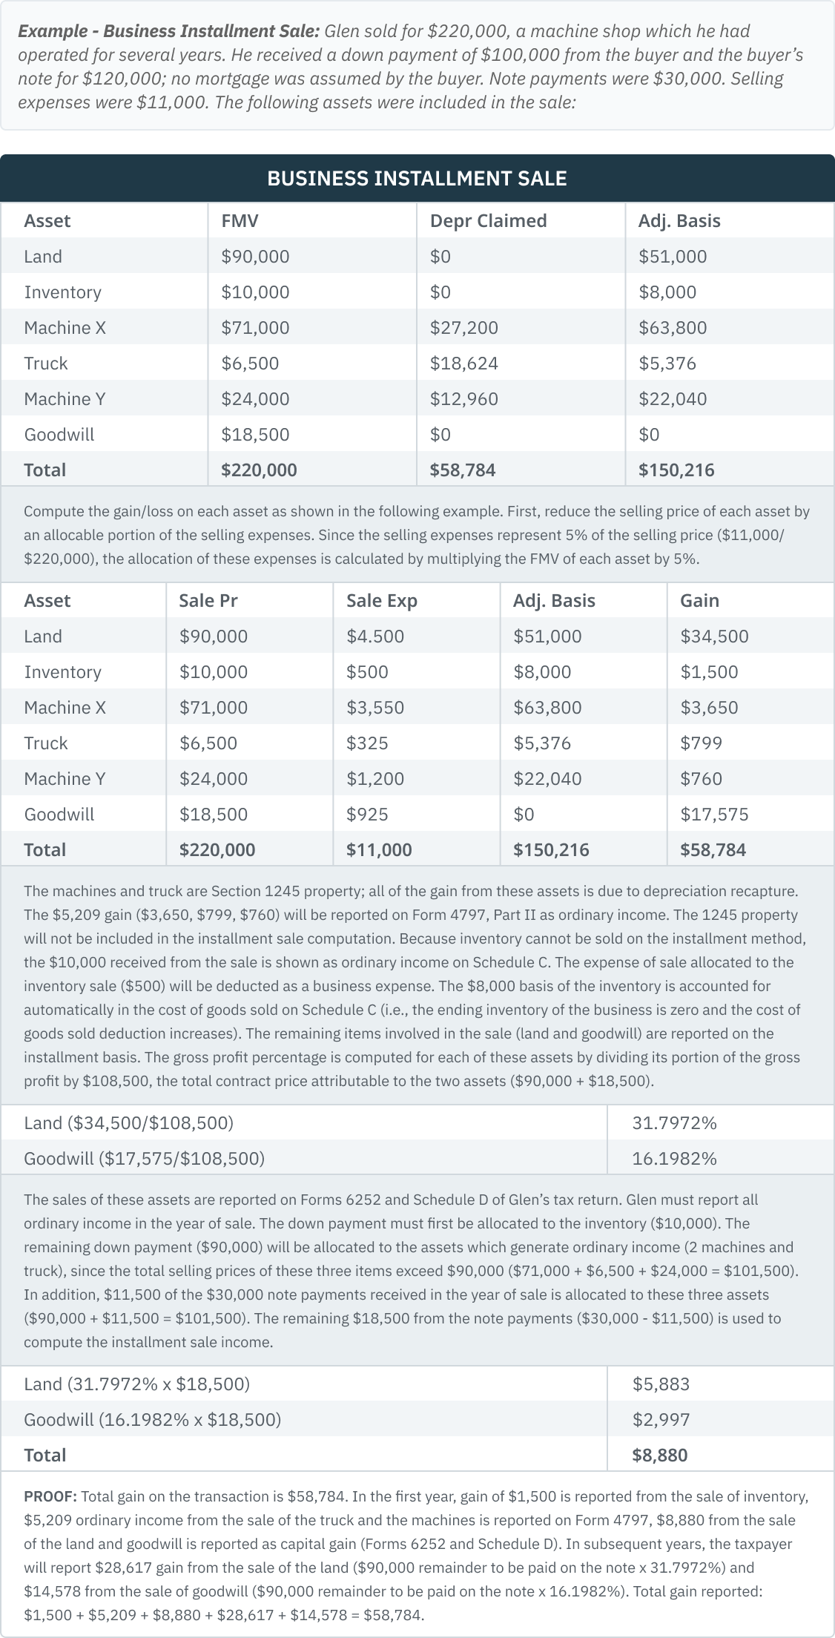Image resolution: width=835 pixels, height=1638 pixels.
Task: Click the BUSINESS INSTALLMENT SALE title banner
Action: coord(417,178)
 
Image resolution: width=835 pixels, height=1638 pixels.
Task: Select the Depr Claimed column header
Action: coord(488,220)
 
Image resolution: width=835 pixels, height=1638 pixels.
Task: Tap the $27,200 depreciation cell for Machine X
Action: coord(463,327)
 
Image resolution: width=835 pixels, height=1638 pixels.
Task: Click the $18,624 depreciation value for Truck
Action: coord(463,363)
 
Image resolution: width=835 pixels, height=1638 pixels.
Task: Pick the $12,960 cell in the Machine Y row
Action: coord(463,398)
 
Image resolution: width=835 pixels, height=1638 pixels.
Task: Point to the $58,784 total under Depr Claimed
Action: coord(462,470)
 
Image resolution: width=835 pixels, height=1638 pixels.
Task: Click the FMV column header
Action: coord(240,220)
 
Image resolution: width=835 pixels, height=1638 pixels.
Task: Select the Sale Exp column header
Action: coord(381,600)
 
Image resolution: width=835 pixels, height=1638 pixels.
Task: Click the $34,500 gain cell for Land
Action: coord(714,636)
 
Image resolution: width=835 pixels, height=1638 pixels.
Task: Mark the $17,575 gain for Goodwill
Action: coord(714,814)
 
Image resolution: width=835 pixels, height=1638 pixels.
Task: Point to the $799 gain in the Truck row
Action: coord(701,743)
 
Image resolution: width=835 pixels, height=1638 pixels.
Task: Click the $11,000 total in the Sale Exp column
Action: coord(378,849)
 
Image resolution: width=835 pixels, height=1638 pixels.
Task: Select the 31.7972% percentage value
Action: coord(674,1122)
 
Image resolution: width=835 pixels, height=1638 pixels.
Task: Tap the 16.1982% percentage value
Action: coord(674,1158)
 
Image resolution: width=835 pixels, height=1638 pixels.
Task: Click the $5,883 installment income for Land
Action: coord(661,1384)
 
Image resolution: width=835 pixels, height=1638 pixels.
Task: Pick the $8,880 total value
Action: coord(659,1455)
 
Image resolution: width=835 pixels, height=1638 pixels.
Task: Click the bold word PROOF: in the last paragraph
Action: coord(49,1496)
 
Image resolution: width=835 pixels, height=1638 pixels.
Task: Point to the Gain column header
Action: coord(699,600)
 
